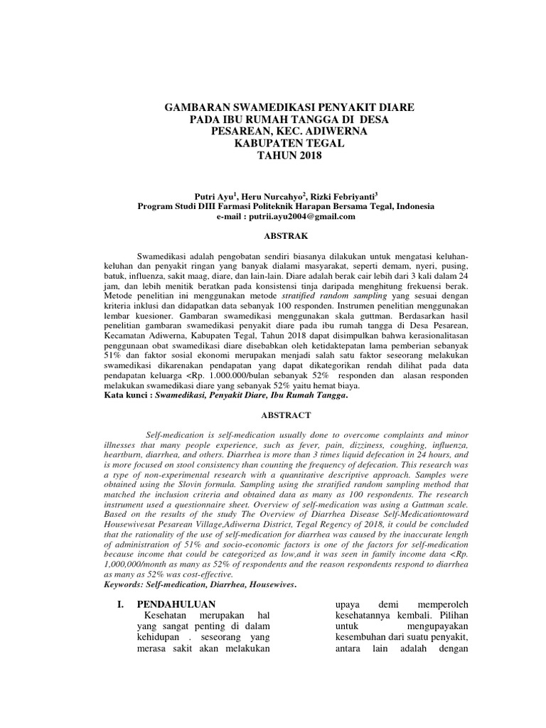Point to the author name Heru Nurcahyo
click(271, 196)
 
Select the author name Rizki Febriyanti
click(346, 196)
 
